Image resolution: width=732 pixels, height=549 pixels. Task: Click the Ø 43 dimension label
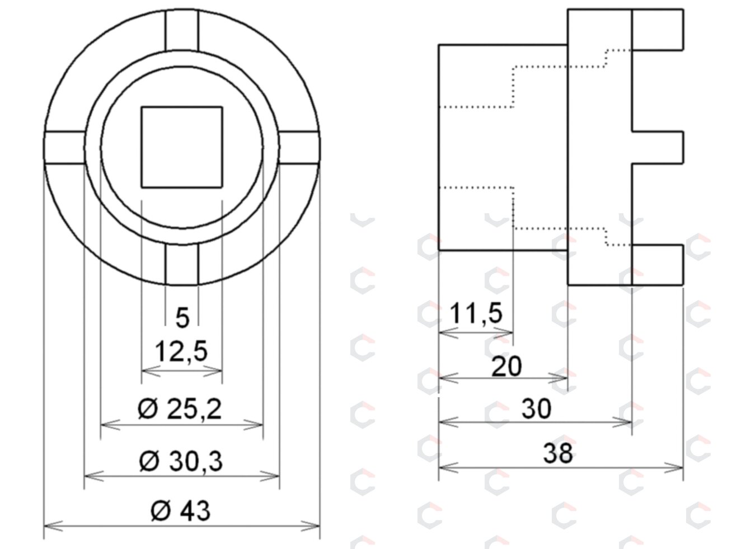point(180,511)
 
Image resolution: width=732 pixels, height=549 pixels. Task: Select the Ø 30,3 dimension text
point(180,461)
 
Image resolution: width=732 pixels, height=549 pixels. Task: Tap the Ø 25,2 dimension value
point(180,409)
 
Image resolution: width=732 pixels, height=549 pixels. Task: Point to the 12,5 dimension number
point(181,351)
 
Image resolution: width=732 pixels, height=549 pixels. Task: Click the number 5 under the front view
point(182,318)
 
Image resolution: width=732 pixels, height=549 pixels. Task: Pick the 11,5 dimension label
point(476,313)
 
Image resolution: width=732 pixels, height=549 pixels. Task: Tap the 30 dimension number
point(536,409)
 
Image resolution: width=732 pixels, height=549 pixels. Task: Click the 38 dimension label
point(558,453)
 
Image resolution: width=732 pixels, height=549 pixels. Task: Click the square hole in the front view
point(182,147)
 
